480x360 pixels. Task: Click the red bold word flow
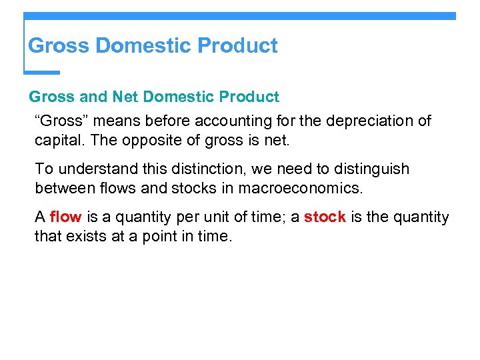[x=65, y=217]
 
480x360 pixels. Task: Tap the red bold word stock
[x=325, y=217]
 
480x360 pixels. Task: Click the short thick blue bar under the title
[x=41, y=72]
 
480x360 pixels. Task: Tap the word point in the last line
[x=160, y=236]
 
